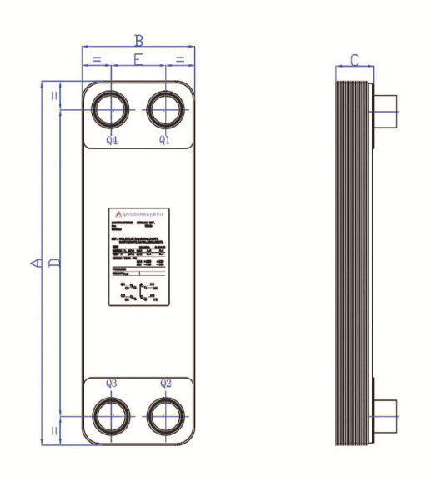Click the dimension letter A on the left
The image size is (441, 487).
pyautogui.click(x=35, y=263)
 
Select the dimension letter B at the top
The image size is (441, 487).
pyautogui.click(x=139, y=39)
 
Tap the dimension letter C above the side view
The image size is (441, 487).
pyautogui.click(x=354, y=60)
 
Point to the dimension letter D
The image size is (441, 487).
pyautogui.click(x=54, y=263)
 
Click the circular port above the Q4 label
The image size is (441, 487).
pyautogui.click(x=110, y=110)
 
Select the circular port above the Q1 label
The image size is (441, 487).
pyautogui.click(x=166, y=110)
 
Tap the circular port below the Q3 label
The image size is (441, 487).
pyautogui.click(x=110, y=414)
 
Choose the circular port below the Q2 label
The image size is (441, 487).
pyautogui.click(x=166, y=414)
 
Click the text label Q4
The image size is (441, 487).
pyautogui.click(x=112, y=140)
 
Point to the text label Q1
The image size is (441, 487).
pyautogui.click(x=165, y=140)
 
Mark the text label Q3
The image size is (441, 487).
pyautogui.click(x=112, y=384)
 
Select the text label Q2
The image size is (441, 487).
pyautogui.click(x=165, y=384)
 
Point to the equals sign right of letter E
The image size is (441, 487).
pyautogui.click(x=180, y=59)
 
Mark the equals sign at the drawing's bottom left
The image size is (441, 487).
pyautogui.click(x=55, y=430)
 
